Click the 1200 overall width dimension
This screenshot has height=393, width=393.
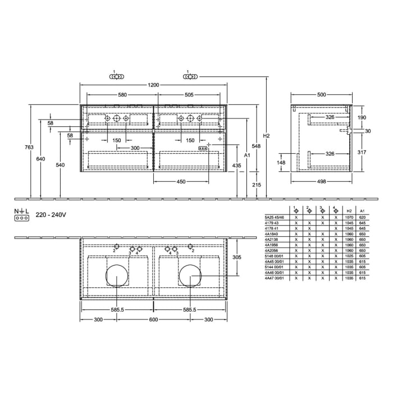click(153, 85)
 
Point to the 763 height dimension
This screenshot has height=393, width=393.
click(29, 147)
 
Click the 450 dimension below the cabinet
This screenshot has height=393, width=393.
click(181, 181)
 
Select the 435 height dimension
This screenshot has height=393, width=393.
click(237, 166)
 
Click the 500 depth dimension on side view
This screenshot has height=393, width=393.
click(321, 95)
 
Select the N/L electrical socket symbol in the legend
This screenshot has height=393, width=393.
click(21, 214)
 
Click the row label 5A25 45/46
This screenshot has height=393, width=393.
click(274, 217)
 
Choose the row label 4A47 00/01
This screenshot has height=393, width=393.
click(274, 278)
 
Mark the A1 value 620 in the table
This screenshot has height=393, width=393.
click(363, 217)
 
